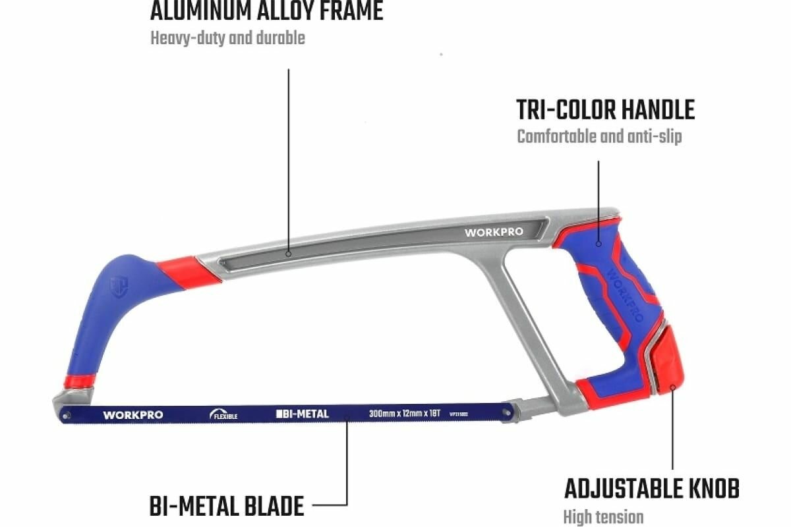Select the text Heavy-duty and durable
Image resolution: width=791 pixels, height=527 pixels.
(227, 38)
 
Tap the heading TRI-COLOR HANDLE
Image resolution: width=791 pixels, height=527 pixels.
(605, 110)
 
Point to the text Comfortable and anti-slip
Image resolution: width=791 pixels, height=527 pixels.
(599, 137)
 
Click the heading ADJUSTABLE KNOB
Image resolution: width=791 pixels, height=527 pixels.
(651, 489)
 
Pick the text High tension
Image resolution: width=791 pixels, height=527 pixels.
(602, 516)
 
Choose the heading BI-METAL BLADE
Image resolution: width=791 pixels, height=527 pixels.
(227, 507)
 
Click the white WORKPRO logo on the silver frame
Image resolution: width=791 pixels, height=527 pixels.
(494, 232)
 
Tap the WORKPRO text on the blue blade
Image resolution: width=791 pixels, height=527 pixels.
(133, 415)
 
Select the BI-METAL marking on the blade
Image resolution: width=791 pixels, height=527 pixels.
(302, 414)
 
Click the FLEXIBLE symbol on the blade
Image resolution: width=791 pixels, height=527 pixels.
(223, 415)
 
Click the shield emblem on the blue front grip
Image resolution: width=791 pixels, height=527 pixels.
(119, 287)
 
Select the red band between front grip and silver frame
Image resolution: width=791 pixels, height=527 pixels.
(189, 271)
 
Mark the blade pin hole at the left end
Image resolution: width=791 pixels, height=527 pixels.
(66, 415)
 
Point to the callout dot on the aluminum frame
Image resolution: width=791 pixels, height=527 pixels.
(289, 253)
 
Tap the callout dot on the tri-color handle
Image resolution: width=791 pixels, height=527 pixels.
(599, 244)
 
